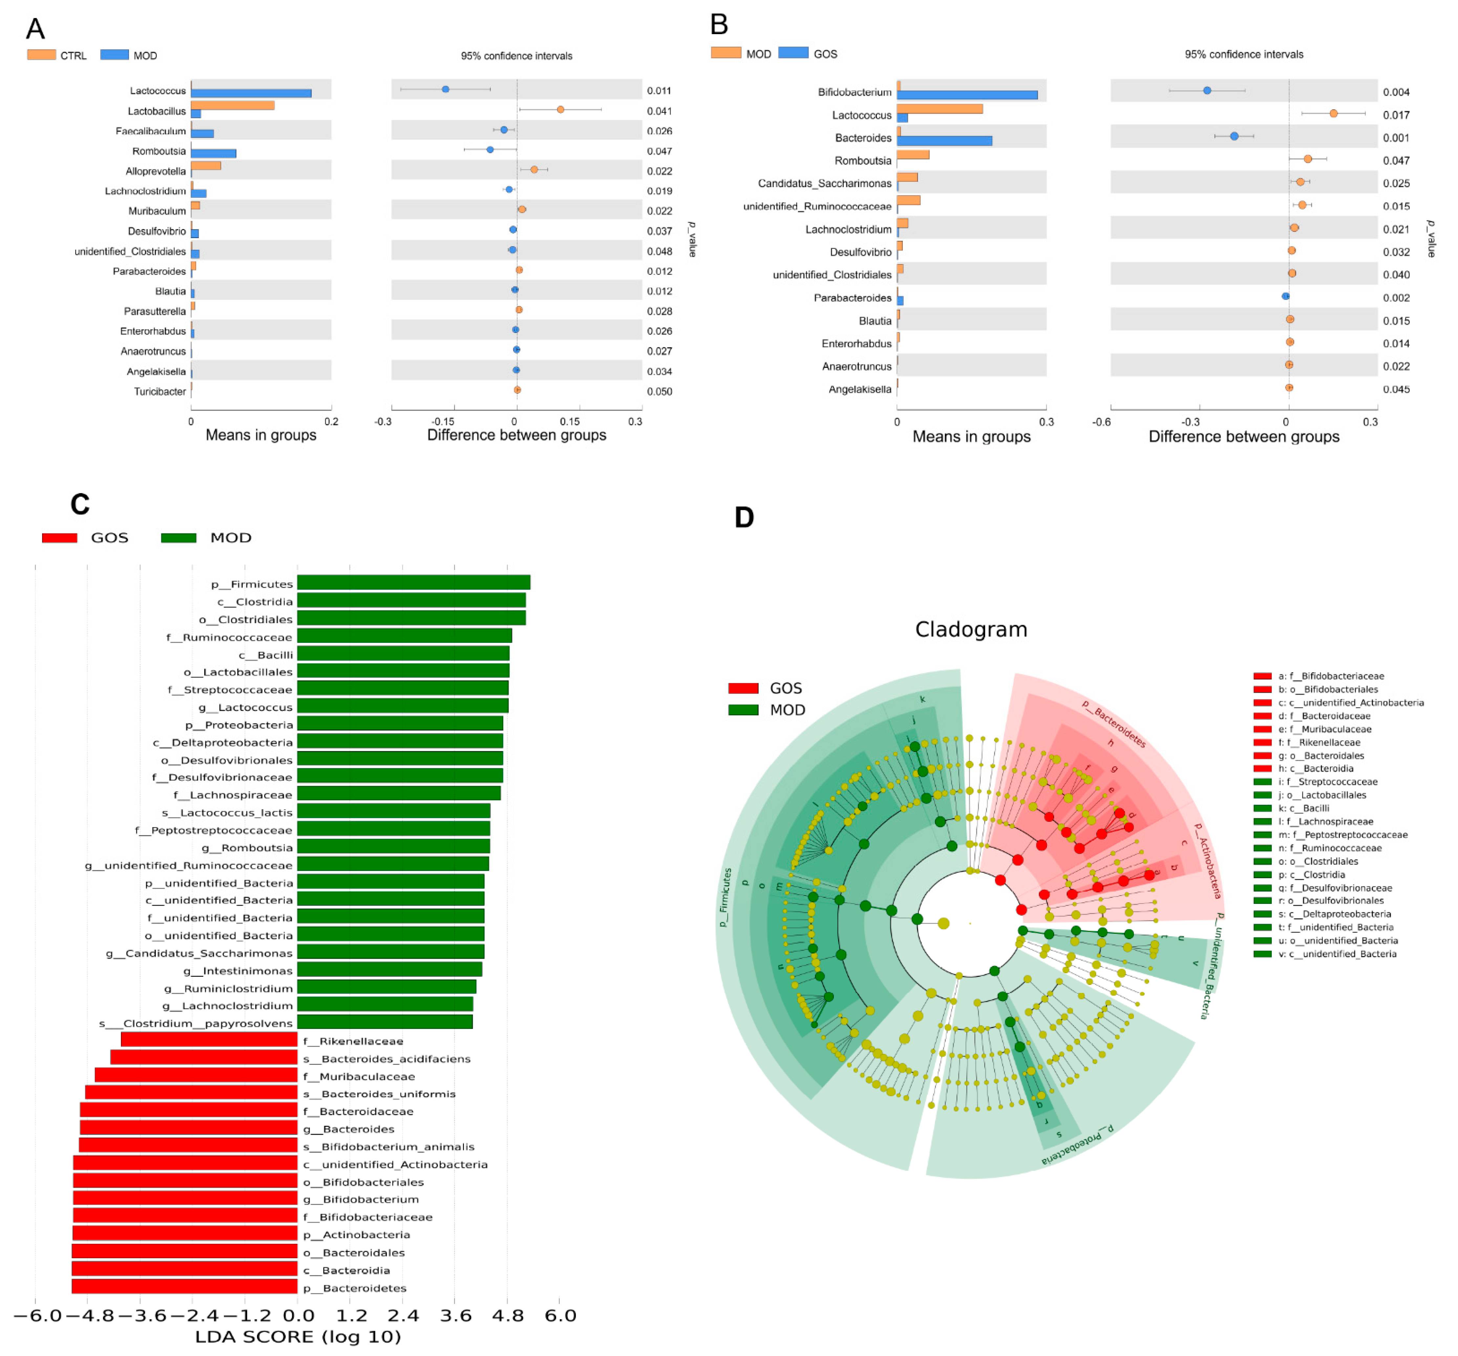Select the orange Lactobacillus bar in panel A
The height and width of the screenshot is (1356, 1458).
click(232, 106)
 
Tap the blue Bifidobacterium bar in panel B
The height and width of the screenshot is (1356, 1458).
click(967, 95)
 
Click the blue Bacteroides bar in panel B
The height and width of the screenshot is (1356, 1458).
click(944, 141)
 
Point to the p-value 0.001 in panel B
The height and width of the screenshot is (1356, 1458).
click(1396, 138)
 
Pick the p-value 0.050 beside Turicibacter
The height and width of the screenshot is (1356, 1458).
click(659, 392)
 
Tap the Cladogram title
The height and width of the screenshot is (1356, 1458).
click(971, 629)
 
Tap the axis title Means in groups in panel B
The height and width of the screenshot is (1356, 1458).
click(971, 437)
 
